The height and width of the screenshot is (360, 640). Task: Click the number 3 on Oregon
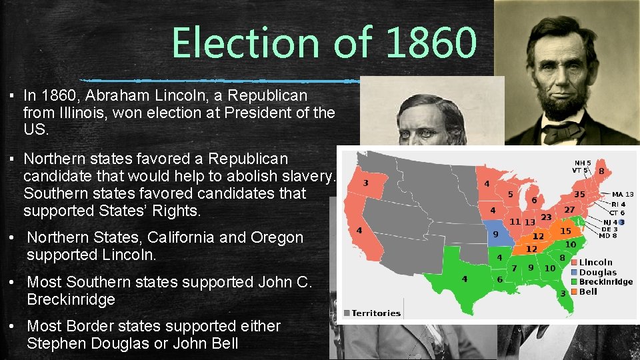point(365,182)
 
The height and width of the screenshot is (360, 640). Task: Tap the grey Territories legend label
point(375,313)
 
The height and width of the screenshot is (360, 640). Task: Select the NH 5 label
point(581,162)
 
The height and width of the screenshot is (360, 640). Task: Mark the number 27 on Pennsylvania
point(570,210)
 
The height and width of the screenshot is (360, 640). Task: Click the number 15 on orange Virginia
point(565,231)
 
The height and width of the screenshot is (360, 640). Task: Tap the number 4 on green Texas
point(465,279)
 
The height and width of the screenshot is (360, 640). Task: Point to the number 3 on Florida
point(563,293)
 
